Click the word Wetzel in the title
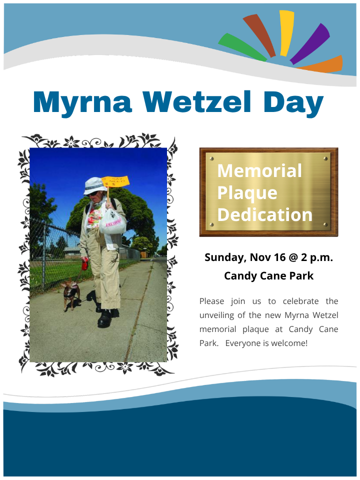click(x=196, y=101)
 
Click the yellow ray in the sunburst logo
click(x=286, y=33)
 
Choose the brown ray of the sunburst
click(x=259, y=35)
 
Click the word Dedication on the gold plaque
click(x=265, y=214)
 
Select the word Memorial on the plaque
click(x=259, y=170)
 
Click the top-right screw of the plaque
click(x=325, y=158)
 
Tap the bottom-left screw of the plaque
click(x=211, y=225)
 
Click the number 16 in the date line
click(x=280, y=257)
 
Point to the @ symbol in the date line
click(x=293, y=257)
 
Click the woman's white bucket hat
click(x=95, y=185)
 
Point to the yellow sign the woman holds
click(x=115, y=181)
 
